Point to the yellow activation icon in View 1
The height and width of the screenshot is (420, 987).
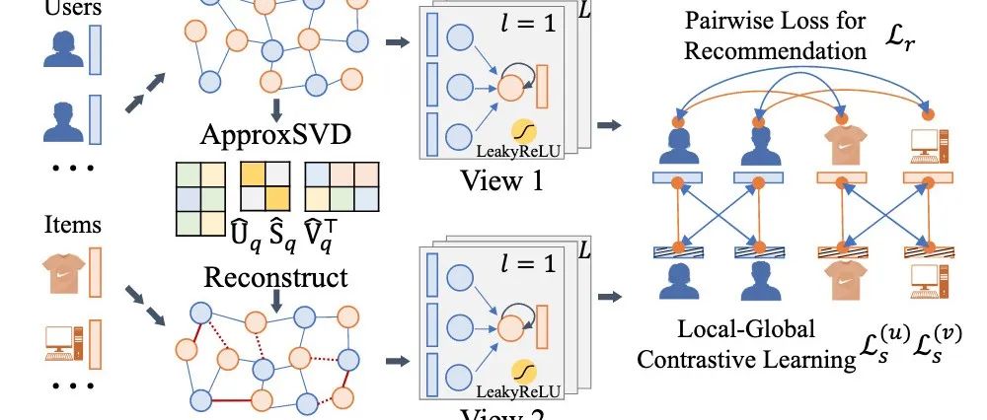click(x=523, y=131)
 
